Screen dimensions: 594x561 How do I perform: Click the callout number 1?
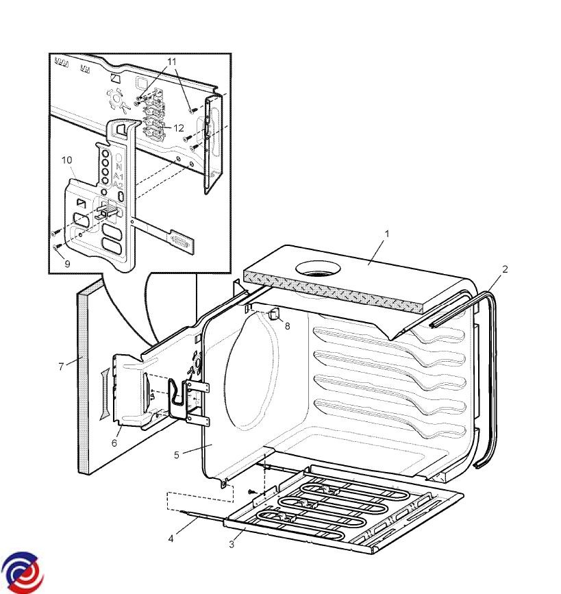coord(386,234)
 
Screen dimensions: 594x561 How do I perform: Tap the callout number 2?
coord(505,269)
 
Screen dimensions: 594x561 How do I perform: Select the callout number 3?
coord(232,545)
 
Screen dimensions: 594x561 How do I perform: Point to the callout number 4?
coord(171,539)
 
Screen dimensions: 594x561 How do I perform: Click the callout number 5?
coord(176,454)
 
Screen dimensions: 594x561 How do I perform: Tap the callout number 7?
coord(61,367)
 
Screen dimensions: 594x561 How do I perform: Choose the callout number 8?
coord(287,326)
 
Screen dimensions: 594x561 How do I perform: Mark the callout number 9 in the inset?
coord(67,263)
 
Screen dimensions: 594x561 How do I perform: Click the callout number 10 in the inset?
coord(67,160)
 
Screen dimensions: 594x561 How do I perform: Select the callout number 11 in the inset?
coord(172,62)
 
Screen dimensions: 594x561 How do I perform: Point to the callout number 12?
coord(179,128)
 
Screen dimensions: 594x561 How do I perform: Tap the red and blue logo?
coord(21,571)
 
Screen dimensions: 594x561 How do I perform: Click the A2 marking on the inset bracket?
coord(119,185)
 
